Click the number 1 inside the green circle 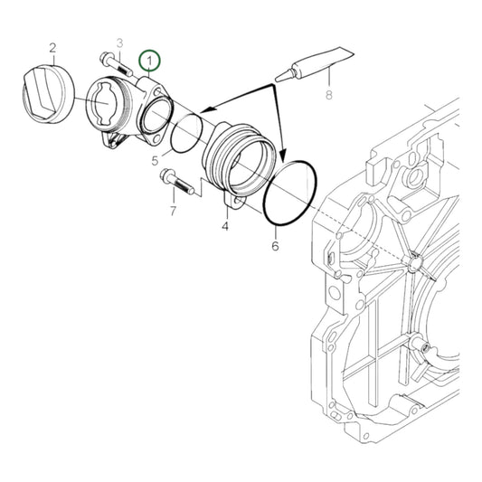[149, 61]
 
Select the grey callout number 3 [118, 43]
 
